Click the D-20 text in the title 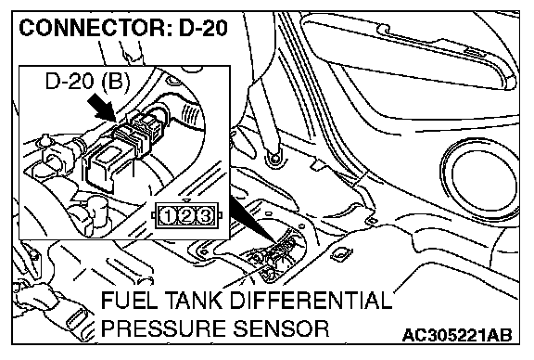tap(203, 28)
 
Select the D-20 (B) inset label tap(87, 83)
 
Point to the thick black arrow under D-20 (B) tap(102, 107)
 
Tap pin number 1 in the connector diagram tap(168, 216)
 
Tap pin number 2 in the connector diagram tap(186, 216)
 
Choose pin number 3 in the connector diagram tap(205, 216)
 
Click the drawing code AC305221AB tap(457, 335)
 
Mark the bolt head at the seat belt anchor tap(274, 158)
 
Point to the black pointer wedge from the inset tap(253, 221)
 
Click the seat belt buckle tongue tap(77, 320)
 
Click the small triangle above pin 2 tap(186, 200)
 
